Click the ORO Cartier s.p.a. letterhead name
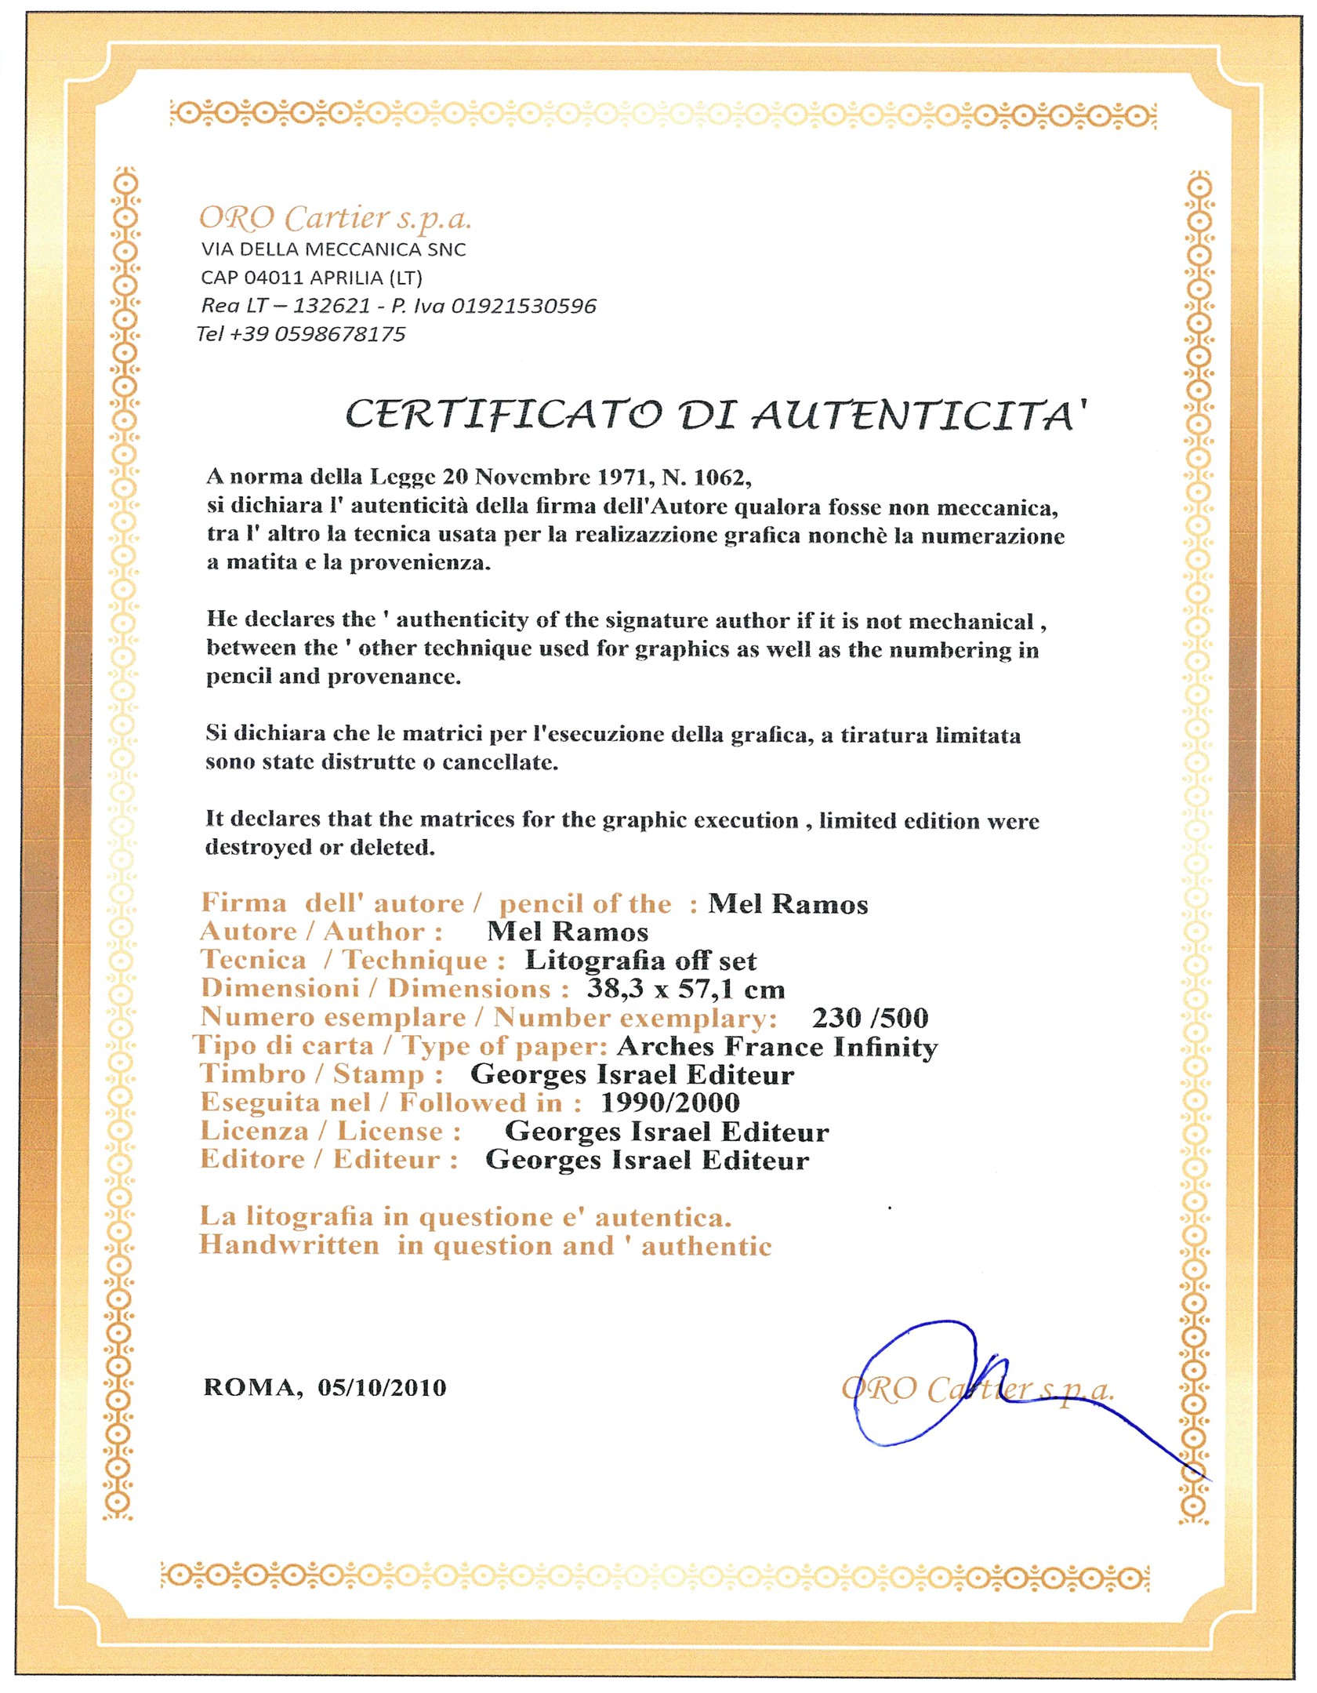click(335, 219)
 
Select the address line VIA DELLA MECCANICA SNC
click(333, 249)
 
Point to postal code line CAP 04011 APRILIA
click(311, 278)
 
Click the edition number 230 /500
click(869, 1018)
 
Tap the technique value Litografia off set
click(640, 961)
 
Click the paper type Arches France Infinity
click(777, 1047)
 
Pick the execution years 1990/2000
click(669, 1103)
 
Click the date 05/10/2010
click(382, 1388)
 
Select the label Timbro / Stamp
click(321, 1074)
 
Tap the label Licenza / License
click(330, 1132)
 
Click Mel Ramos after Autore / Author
click(568, 932)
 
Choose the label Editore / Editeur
click(328, 1160)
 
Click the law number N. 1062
click(706, 477)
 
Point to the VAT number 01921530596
click(524, 306)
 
